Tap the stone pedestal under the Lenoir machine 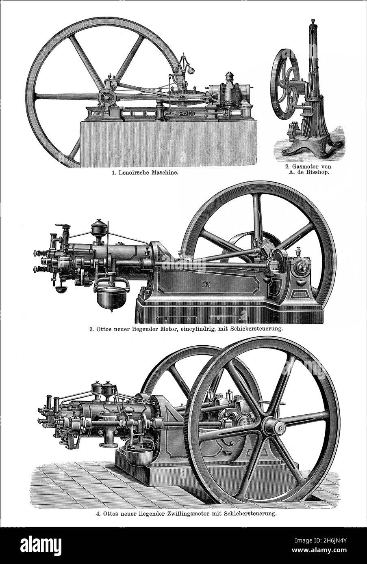pyautogui.click(x=169, y=144)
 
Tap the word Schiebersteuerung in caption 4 pyautogui.click(x=248, y=514)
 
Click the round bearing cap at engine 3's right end pyautogui.click(x=302, y=267)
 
